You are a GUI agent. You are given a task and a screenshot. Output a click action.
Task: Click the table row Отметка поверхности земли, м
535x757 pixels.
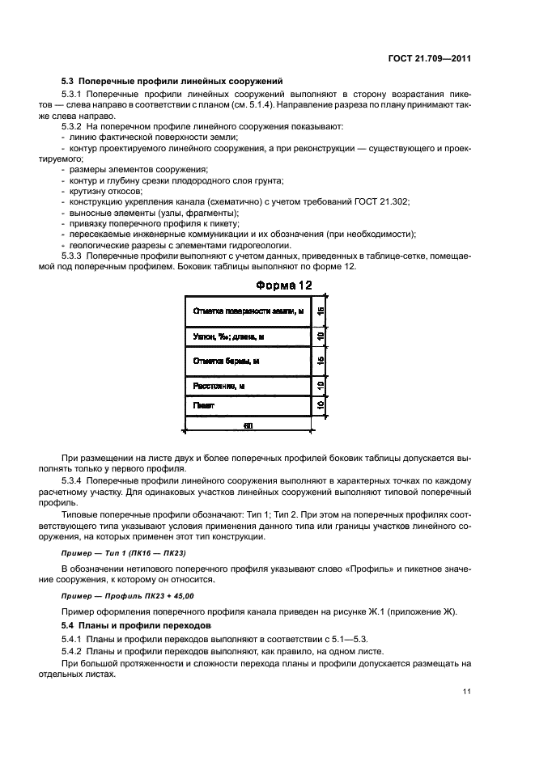(x=248, y=311)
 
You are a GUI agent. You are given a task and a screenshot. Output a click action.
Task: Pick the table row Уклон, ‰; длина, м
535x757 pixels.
(x=248, y=336)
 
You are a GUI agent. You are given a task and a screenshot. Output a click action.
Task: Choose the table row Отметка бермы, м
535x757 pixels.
(x=248, y=361)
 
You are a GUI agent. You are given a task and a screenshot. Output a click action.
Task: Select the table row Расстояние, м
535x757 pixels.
(x=248, y=386)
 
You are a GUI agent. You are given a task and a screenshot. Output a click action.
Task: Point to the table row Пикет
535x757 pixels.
(x=248, y=404)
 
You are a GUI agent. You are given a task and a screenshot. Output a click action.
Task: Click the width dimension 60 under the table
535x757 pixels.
(x=248, y=425)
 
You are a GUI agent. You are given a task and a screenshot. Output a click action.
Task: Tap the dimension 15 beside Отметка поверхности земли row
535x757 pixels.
(x=321, y=311)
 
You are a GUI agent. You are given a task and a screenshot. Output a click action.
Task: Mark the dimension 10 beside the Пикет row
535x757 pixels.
(x=321, y=404)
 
